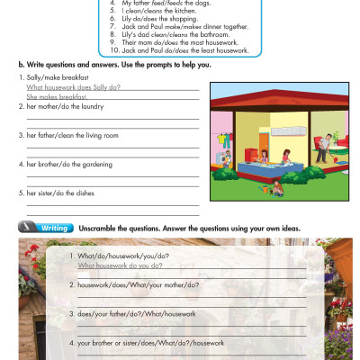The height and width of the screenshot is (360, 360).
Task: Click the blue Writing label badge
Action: pos(46,229)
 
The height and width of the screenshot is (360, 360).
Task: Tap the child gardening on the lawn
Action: pos(277,187)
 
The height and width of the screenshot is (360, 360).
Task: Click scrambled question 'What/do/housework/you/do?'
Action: pos(123,256)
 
